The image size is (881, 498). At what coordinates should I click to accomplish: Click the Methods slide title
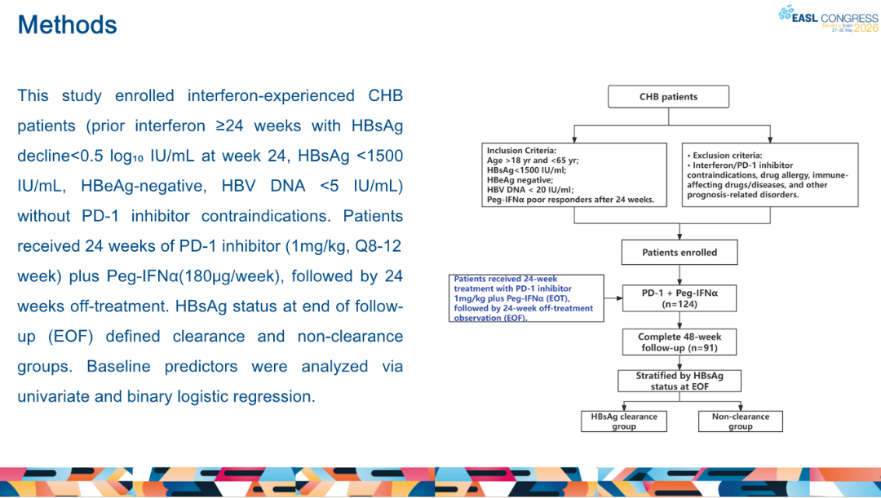(68, 25)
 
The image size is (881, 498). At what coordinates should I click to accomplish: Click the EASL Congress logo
(828, 19)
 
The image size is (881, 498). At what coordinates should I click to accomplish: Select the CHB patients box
(669, 96)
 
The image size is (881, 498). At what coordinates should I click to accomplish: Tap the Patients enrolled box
(680, 253)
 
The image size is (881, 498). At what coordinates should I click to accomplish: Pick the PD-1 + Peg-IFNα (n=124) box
(680, 298)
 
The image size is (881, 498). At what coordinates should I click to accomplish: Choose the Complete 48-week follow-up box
(680, 342)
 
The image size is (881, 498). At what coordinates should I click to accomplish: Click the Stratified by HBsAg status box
(680, 381)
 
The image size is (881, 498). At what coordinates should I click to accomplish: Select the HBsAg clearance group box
(624, 421)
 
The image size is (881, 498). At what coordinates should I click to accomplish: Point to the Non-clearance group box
(741, 421)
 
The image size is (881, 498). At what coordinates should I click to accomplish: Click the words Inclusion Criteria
(520, 151)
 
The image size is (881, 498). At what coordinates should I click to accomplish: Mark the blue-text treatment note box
(526, 298)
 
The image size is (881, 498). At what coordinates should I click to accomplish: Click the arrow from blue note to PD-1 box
(613, 298)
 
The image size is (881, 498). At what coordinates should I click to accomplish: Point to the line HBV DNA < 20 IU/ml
(530, 190)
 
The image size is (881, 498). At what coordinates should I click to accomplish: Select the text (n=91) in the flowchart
(702, 348)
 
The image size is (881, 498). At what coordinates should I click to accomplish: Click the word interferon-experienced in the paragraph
(271, 96)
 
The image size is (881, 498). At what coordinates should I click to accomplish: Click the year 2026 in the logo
(866, 28)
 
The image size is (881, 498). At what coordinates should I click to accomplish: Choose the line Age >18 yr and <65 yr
(533, 161)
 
